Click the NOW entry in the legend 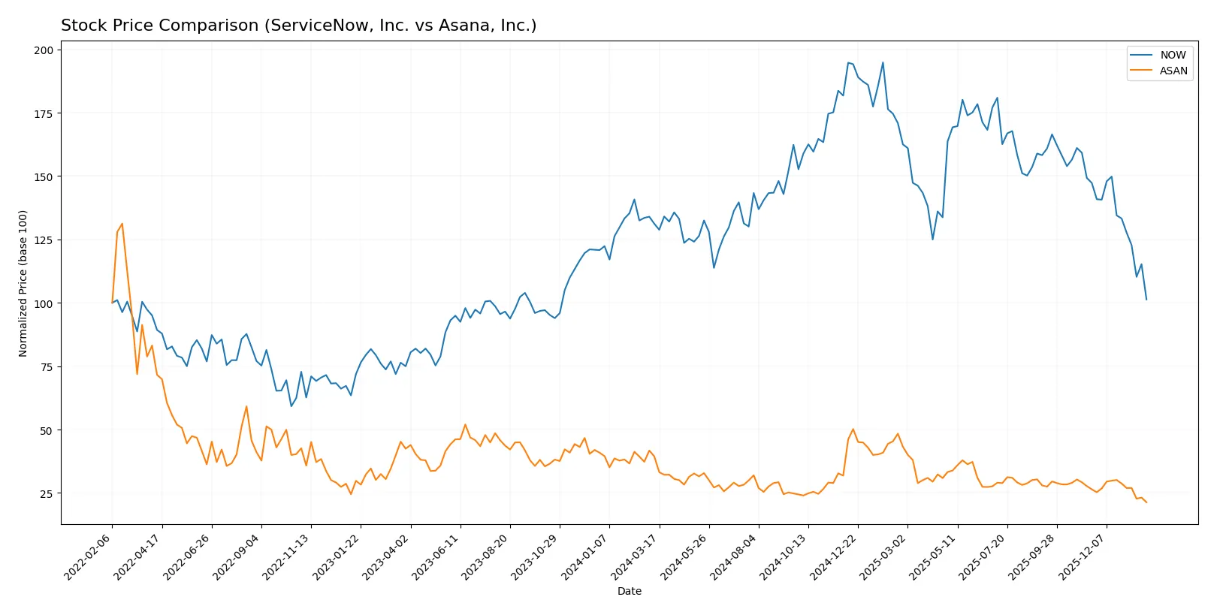(x=1172, y=55)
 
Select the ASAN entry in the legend (x=1173, y=71)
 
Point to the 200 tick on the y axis (x=44, y=50)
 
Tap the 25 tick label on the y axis (x=47, y=494)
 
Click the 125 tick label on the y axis (x=44, y=240)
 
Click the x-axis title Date (x=629, y=592)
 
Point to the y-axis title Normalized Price (x=23, y=283)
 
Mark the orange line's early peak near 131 (x=122, y=224)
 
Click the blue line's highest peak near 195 (x=848, y=62)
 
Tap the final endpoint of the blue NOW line (x=1146, y=300)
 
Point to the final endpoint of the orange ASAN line (x=1146, y=502)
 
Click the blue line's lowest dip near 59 (x=291, y=406)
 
